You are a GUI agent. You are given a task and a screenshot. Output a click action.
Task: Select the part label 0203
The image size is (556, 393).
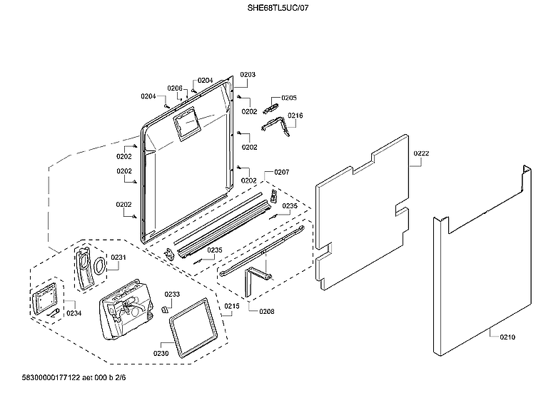(x=248, y=74)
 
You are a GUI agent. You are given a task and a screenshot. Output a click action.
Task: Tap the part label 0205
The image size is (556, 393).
(x=288, y=98)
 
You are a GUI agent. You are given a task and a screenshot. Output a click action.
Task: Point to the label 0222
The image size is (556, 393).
(x=420, y=154)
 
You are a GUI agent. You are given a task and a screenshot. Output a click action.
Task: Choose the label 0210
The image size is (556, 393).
(x=507, y=337)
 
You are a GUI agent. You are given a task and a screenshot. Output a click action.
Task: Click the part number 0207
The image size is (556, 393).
(x=281, y=173)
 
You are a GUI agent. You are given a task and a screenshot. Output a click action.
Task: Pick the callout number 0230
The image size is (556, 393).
(x=161, y=352)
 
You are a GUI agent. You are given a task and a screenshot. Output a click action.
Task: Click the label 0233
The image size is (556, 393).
(x=172, y=294)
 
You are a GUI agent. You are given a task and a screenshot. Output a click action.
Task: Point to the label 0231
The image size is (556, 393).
(x=118, y=257)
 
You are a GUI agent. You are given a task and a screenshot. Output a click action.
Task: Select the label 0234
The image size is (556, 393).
(x=74, y=312)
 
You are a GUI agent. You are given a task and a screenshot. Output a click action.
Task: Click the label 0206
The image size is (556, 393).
(x=175, y=88)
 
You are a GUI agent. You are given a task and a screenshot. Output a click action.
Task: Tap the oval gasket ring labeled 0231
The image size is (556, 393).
(x=101, y=265)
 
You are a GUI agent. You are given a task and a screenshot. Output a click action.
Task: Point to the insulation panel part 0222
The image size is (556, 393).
(x=364, y=214)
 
